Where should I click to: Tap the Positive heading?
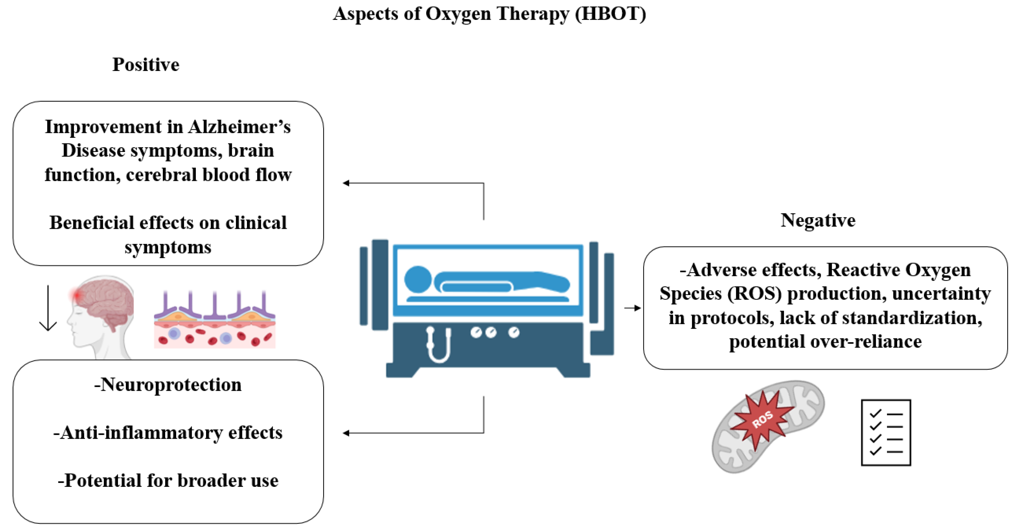pos(146,64)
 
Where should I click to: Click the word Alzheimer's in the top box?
pos(239,127)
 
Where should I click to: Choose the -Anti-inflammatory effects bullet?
pos(168,432)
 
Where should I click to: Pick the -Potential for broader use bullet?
pos(168,480)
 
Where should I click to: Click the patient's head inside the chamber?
pos(418,279)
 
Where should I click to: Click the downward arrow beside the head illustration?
pos(48,309)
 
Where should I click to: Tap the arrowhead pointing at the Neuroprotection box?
pos(346,433)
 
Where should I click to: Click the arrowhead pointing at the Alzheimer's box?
pos(346,183)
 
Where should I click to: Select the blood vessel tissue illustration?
pos(215,321)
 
